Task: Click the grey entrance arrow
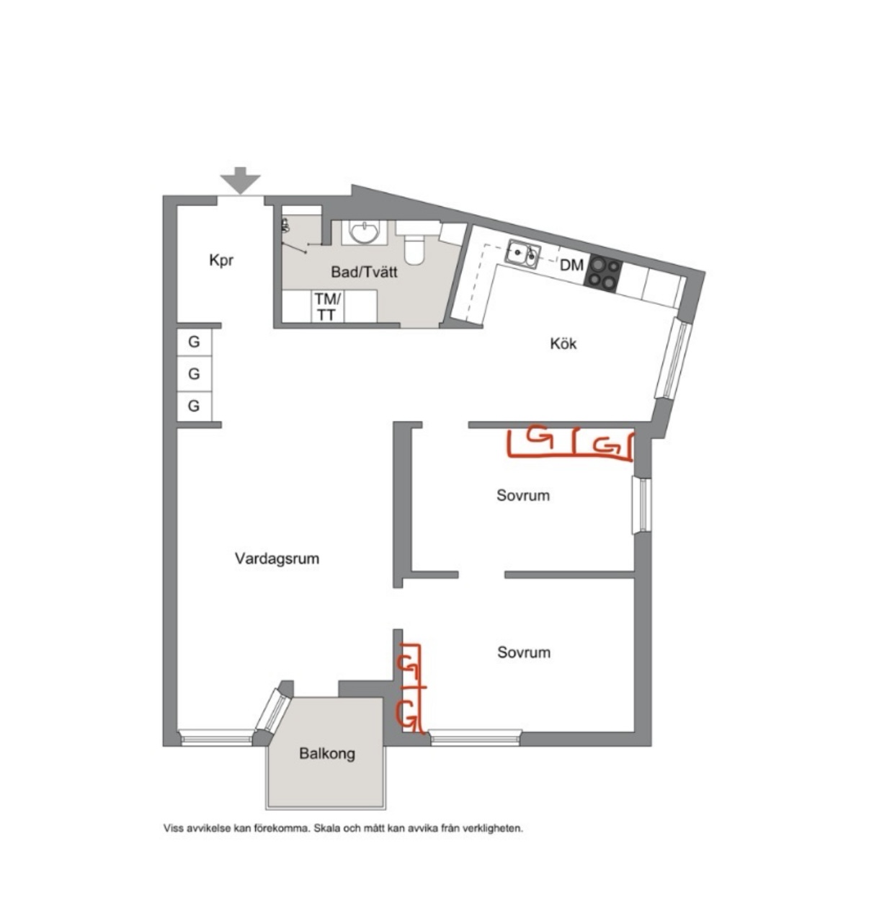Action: [x=240, y=180]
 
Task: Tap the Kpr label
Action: [x=221, y=260]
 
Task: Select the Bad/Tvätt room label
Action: [x=365, y=272]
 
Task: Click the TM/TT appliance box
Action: [x=328, y=306]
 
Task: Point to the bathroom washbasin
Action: [x=365, y=232]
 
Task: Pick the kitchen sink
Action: [x=523, y=254]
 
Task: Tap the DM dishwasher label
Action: [x=571, y=266]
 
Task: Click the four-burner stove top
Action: [x=603, y=273]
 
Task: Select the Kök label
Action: [x=563, y=344]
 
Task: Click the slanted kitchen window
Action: [x=674, y=358]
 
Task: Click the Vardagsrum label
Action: [x=277, y=559]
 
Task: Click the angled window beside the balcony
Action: [x=274, y=711]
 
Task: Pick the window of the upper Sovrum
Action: [x=641, y=505]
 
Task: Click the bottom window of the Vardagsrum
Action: [x=216, y=737]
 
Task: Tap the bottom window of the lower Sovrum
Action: [x=475, y=738]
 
